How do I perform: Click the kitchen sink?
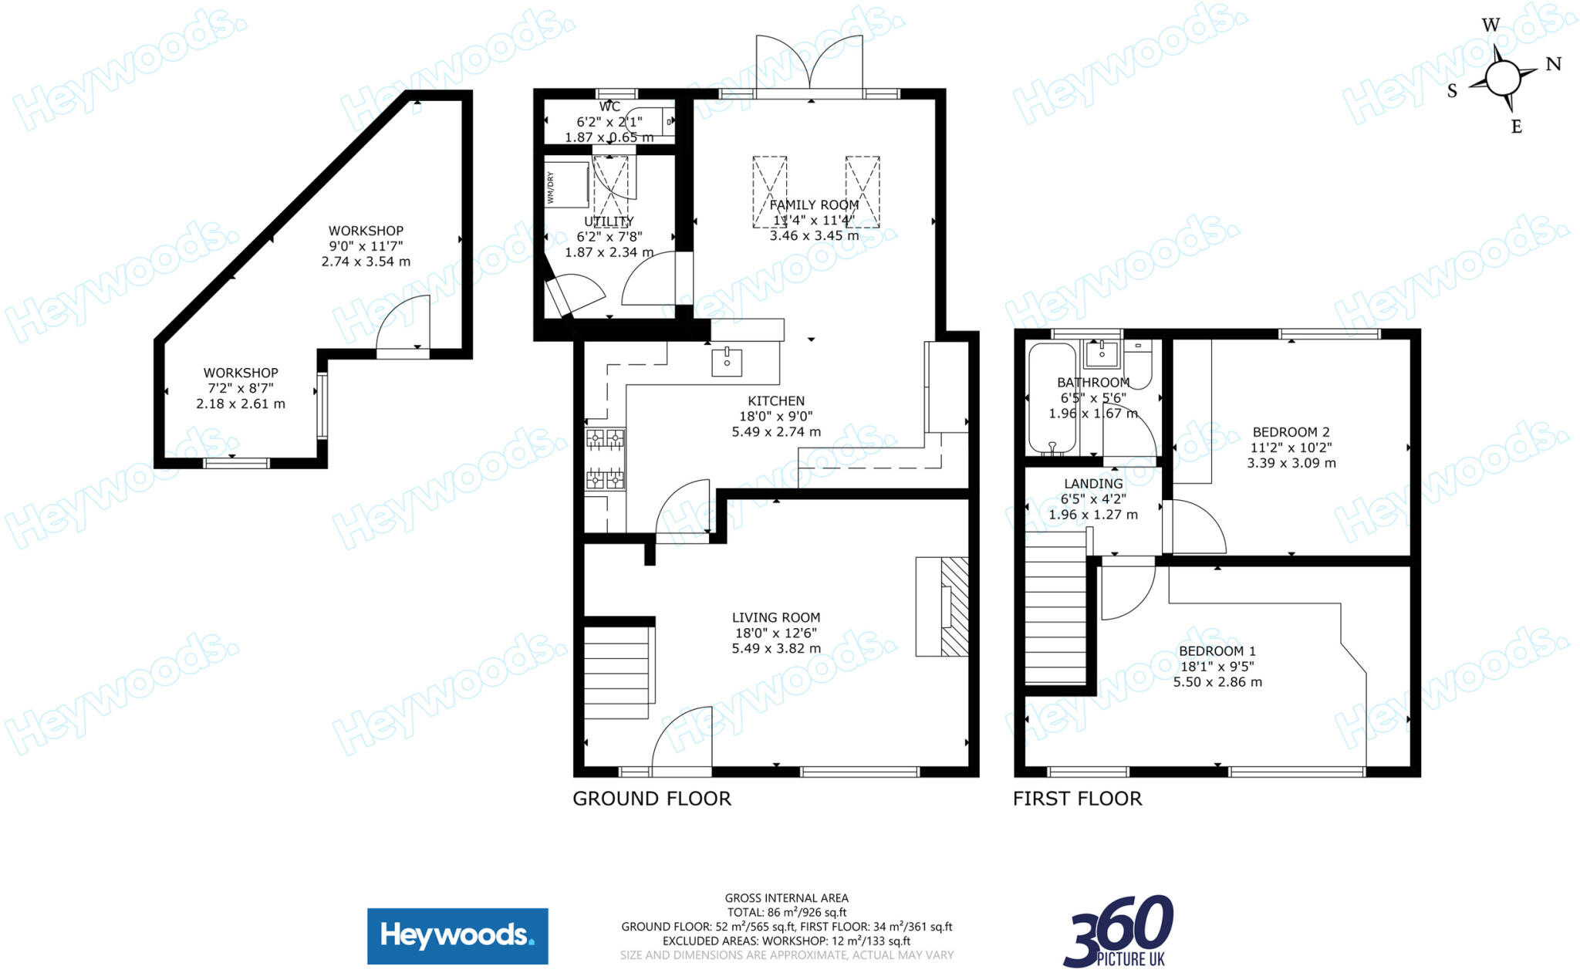(726, 362)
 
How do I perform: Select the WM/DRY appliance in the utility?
(568, 185)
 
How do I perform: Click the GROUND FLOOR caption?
(651, 799)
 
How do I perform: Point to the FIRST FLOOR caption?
(1077, 799)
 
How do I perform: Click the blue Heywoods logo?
(457, 936)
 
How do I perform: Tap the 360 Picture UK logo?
(1119, 931)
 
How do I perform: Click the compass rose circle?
(1501, 79)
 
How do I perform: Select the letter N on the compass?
(1553, 64)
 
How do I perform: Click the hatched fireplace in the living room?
(954, 606)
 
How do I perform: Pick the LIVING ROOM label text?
(775, 617)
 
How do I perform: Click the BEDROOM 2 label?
(1291, 432)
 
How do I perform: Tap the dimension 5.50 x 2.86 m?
(1217, 682)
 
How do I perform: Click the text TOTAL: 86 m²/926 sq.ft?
(786, 912)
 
